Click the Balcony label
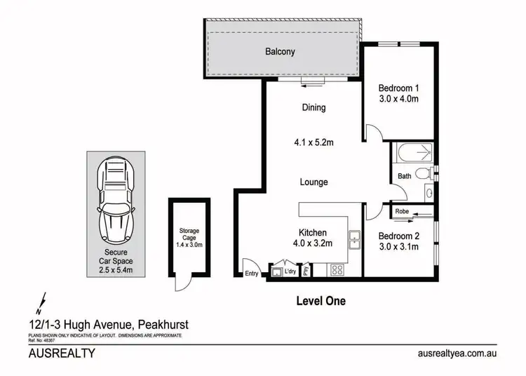click(x=280, y=52)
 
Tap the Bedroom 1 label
click(x=398, y=88)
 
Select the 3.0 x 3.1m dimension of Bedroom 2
click(x=398, y=246)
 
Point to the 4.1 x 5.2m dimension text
click(x=313, y=143)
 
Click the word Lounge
click(x=313, y=182)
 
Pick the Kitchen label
click(x=312, y=232)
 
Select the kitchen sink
click(x=355, y=239)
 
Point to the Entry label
click(x=252, y=274)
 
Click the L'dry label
click(x=291, y=271)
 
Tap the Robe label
click(x=402, y=211)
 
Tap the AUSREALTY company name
click(x=61, y=354)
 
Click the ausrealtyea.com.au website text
click(x=456, y=354)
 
